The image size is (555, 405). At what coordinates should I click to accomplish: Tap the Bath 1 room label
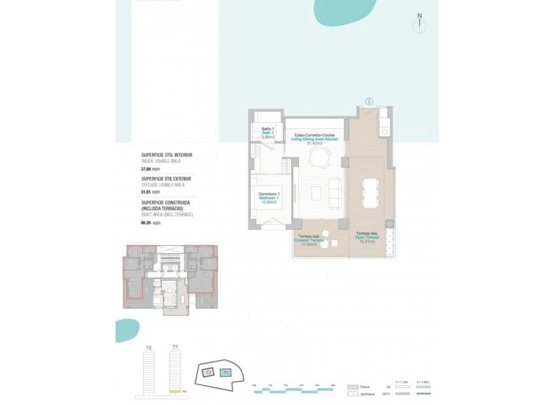point(267,133)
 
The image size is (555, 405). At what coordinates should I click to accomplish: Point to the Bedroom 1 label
point(269,198)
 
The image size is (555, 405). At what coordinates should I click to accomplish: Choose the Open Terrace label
point(368,237)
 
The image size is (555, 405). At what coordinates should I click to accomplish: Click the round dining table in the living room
point(319,157)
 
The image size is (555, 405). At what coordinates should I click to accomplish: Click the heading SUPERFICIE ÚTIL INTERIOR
point(166,155)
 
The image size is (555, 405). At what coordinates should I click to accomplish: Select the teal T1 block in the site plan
point(226,372)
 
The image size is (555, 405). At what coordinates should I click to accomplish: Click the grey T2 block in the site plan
point(208,372)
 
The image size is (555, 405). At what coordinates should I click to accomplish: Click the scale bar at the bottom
point(293,389)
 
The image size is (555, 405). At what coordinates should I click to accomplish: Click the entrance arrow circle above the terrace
point(369,101)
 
